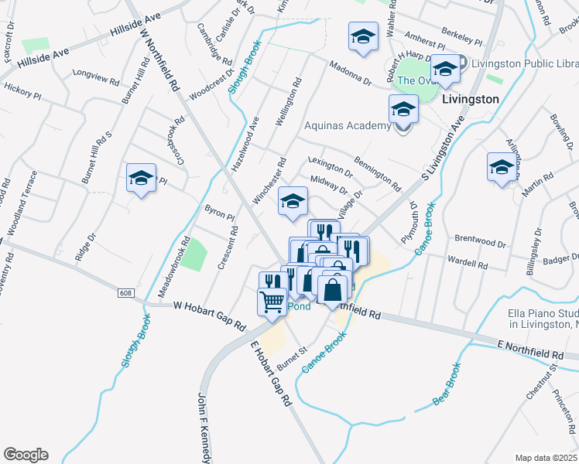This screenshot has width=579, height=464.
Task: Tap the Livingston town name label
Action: (x=470, y=100)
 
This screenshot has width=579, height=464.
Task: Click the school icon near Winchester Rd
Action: (x=292, y=202)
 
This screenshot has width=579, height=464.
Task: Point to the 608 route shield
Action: (x=126, y=292)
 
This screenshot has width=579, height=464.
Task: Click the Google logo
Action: (x=26, y=455)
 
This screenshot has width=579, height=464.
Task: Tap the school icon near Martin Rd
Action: (x=500, y=166)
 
